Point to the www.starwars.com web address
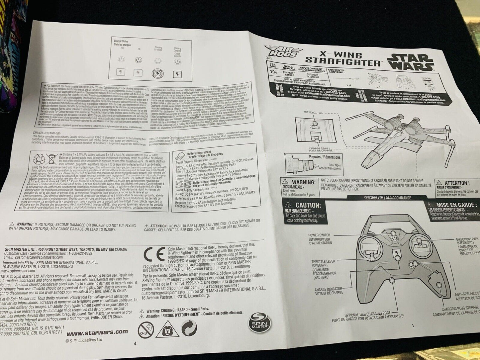point(97,331)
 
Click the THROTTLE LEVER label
point(323,261)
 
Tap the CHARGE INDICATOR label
point(329,289)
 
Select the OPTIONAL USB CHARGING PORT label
point(367,314)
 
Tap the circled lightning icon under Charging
point(158,74)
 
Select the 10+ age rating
point(274,72)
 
